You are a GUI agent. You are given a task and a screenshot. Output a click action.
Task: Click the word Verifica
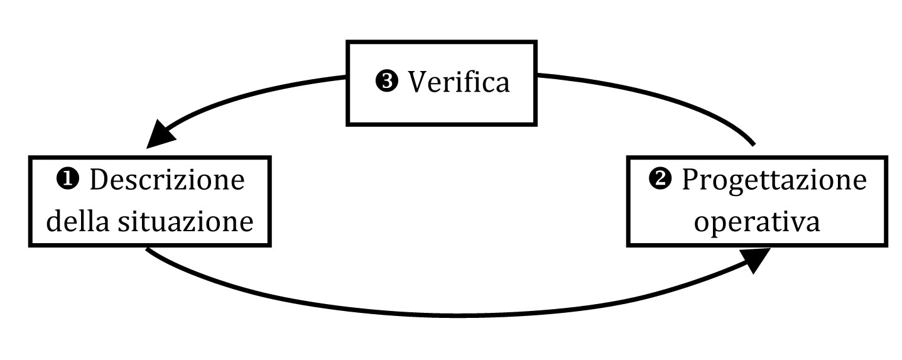pos(459,82)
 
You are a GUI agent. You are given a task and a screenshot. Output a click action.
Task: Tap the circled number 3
pos(386,81)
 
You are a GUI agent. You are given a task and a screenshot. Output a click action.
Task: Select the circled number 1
pos(68,179)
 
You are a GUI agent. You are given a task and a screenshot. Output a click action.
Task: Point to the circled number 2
pos(660,179)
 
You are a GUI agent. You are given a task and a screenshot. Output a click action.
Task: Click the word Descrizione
pos(167,180)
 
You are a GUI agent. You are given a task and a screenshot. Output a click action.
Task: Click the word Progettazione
pos(774,181)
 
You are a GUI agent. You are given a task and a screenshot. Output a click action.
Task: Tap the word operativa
pos(757,222)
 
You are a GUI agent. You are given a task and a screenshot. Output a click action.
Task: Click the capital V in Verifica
pos(419,82)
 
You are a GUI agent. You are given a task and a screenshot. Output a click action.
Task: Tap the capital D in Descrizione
pos(100,180)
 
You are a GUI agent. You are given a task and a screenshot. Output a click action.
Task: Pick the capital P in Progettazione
pos(690,180)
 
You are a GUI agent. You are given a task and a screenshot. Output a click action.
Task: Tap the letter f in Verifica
pos(470,81)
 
